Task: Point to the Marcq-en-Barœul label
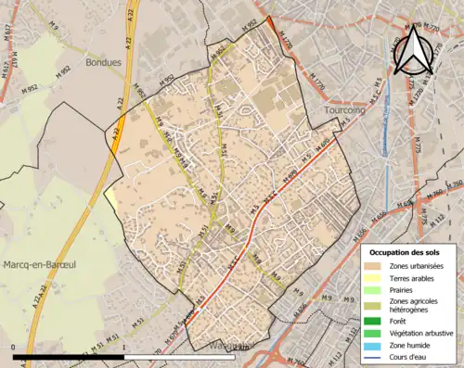(38, 266)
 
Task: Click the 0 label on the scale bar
(14, 347)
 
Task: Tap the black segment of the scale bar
(70, 355)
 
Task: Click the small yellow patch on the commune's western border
(111, 197)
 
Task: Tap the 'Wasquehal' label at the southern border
(222, 346)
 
